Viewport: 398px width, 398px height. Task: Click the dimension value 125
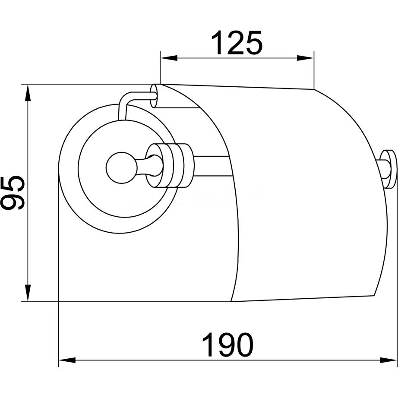click(x=236, y=43)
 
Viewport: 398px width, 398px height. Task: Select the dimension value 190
click(x=227, y=345)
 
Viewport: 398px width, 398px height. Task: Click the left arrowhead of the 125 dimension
click(x=168, y=58)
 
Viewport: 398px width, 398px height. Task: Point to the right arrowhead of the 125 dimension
click(x=306, y=58)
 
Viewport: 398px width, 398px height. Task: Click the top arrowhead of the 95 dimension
click(x=28, y=92)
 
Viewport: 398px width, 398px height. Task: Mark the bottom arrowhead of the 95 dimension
click(x=28, y=294)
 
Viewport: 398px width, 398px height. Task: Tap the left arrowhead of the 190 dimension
click(x=67, y=360)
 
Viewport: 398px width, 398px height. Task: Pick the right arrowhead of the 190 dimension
click(x=388, y=360)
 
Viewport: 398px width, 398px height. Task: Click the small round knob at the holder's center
click(x=121, y=168)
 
